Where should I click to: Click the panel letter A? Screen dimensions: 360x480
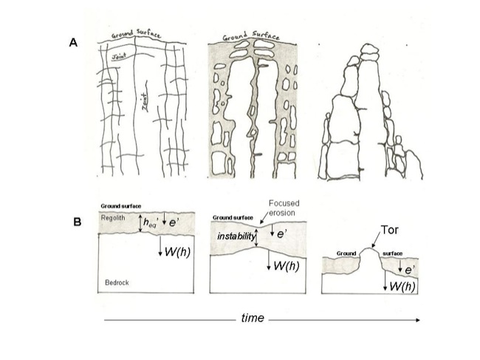pos(73,43)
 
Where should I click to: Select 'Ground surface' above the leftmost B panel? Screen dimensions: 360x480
pos(121,206)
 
